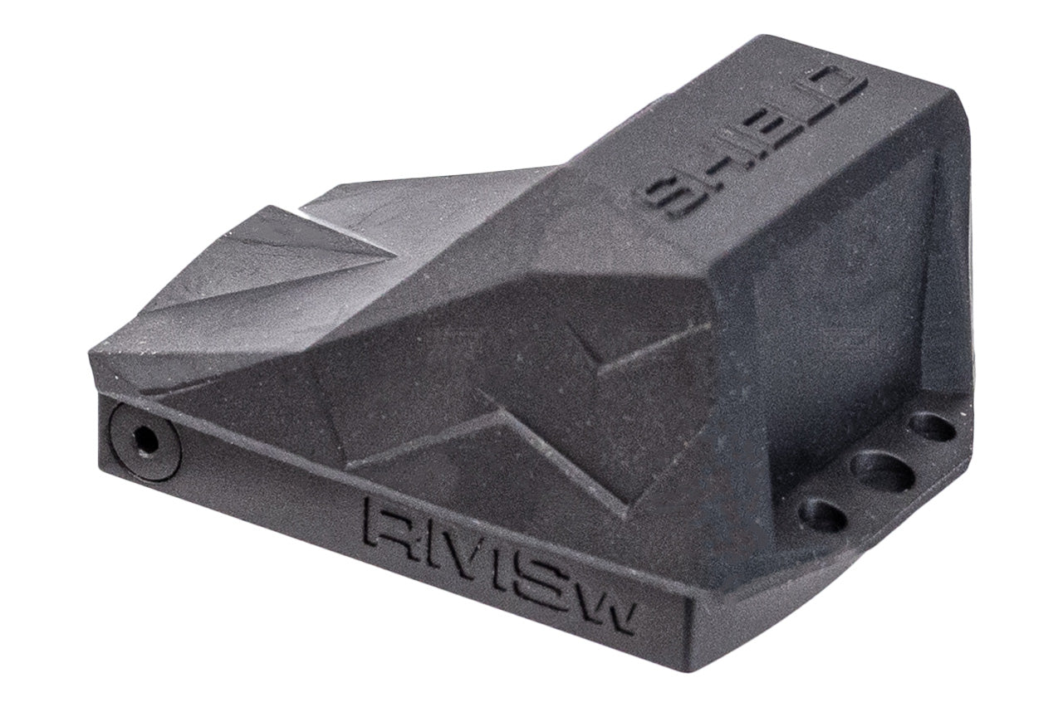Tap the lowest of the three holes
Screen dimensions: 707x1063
point(822,515)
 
